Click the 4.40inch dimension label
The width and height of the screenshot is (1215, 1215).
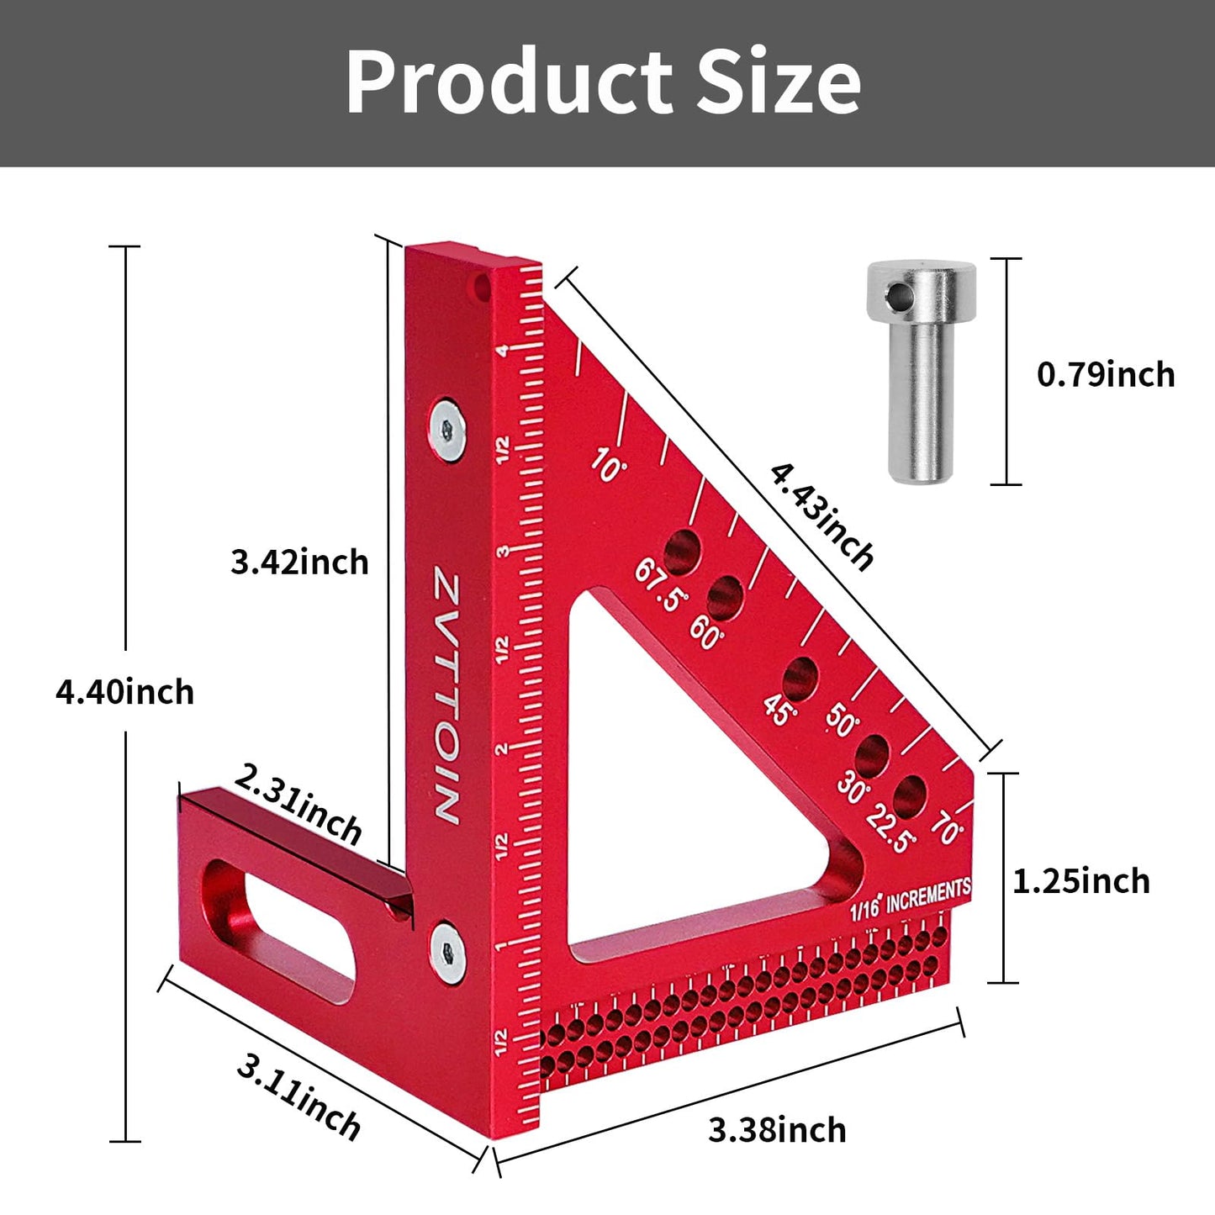tap(124, 692)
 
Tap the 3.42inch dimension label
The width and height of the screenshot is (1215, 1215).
tap(299, 562)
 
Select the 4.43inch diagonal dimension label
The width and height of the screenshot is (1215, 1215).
tap(821, 517)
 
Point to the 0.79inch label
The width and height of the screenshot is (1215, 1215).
tap(1105, 374)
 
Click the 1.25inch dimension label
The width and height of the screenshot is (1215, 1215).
tap(1080, 881)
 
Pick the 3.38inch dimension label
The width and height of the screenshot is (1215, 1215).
tap(777, 1130)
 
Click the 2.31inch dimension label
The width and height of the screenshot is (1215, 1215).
tap(298, 804)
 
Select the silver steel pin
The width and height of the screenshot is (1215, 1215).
tap(921, 370)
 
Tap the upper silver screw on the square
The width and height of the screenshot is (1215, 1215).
tap(446, 430)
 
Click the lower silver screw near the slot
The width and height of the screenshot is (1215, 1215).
tap(446, 952)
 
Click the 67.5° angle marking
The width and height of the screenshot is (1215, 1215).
tap(660, 585)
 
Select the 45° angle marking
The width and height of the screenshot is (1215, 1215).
tap(779, 710)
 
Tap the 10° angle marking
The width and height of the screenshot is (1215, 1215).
tap(608, 464)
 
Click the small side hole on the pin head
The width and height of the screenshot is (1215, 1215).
tap(898, 295)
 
